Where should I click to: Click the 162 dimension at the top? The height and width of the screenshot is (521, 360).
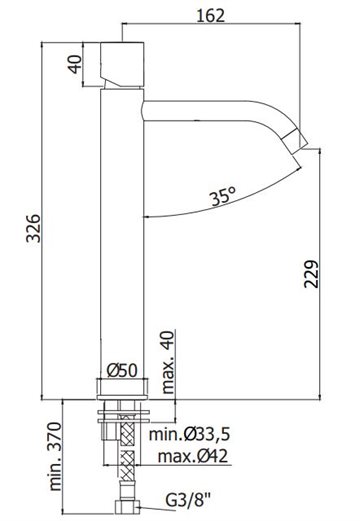pos(211,15)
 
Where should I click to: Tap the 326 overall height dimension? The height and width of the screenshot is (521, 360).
pos(33,228)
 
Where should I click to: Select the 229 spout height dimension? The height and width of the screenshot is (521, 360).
pos(312,274)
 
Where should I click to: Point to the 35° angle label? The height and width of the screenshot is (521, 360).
pos(223,196)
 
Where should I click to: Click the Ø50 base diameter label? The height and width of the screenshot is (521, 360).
pos(122,370)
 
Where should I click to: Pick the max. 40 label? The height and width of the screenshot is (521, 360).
pos(168,362)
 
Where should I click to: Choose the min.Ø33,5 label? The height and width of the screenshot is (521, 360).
pos(189,434)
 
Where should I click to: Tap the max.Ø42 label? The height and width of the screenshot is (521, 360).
pos(193,456)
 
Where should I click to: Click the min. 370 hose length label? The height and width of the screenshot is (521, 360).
pos(56,456)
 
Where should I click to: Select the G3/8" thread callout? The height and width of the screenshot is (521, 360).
pos(189,500)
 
